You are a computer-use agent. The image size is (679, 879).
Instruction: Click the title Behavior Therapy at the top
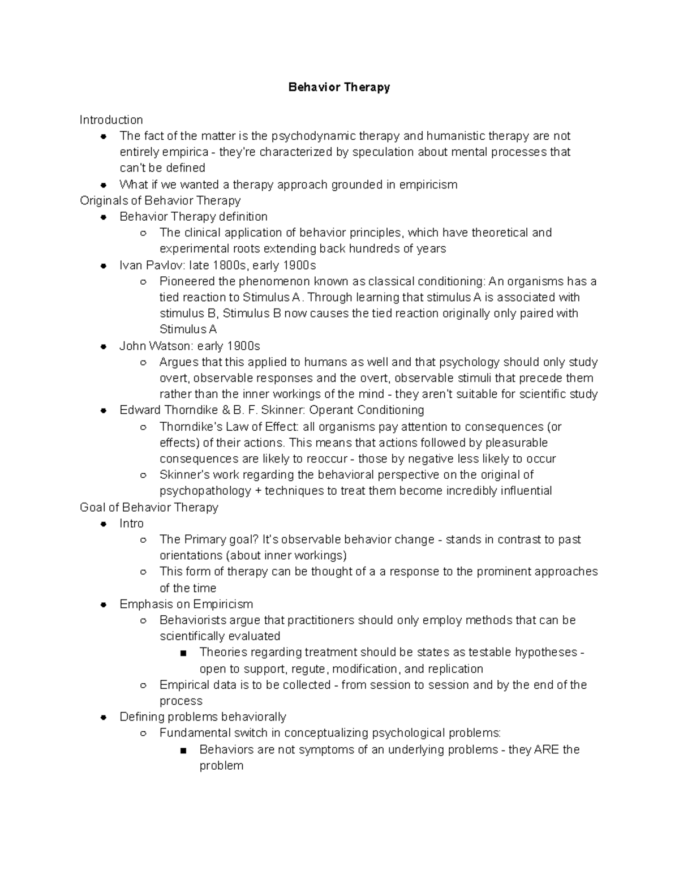point(339,87)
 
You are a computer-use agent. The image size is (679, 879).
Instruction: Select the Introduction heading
point(111,120)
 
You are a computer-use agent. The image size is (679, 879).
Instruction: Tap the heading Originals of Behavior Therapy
point(160,200)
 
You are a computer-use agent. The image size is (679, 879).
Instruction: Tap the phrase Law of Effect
point(261,426)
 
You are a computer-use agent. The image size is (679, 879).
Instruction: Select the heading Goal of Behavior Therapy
point(149,507)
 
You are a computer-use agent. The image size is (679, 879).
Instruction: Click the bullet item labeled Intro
point(131,524)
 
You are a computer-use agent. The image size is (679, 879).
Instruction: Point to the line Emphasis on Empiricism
point(186,604)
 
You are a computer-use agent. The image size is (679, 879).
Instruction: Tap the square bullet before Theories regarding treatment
point(182,653)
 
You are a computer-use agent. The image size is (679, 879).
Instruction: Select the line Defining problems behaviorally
point(203,717)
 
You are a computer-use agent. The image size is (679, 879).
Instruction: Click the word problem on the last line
point(221,766)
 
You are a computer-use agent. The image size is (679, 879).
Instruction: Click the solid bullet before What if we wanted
point(103,185)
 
